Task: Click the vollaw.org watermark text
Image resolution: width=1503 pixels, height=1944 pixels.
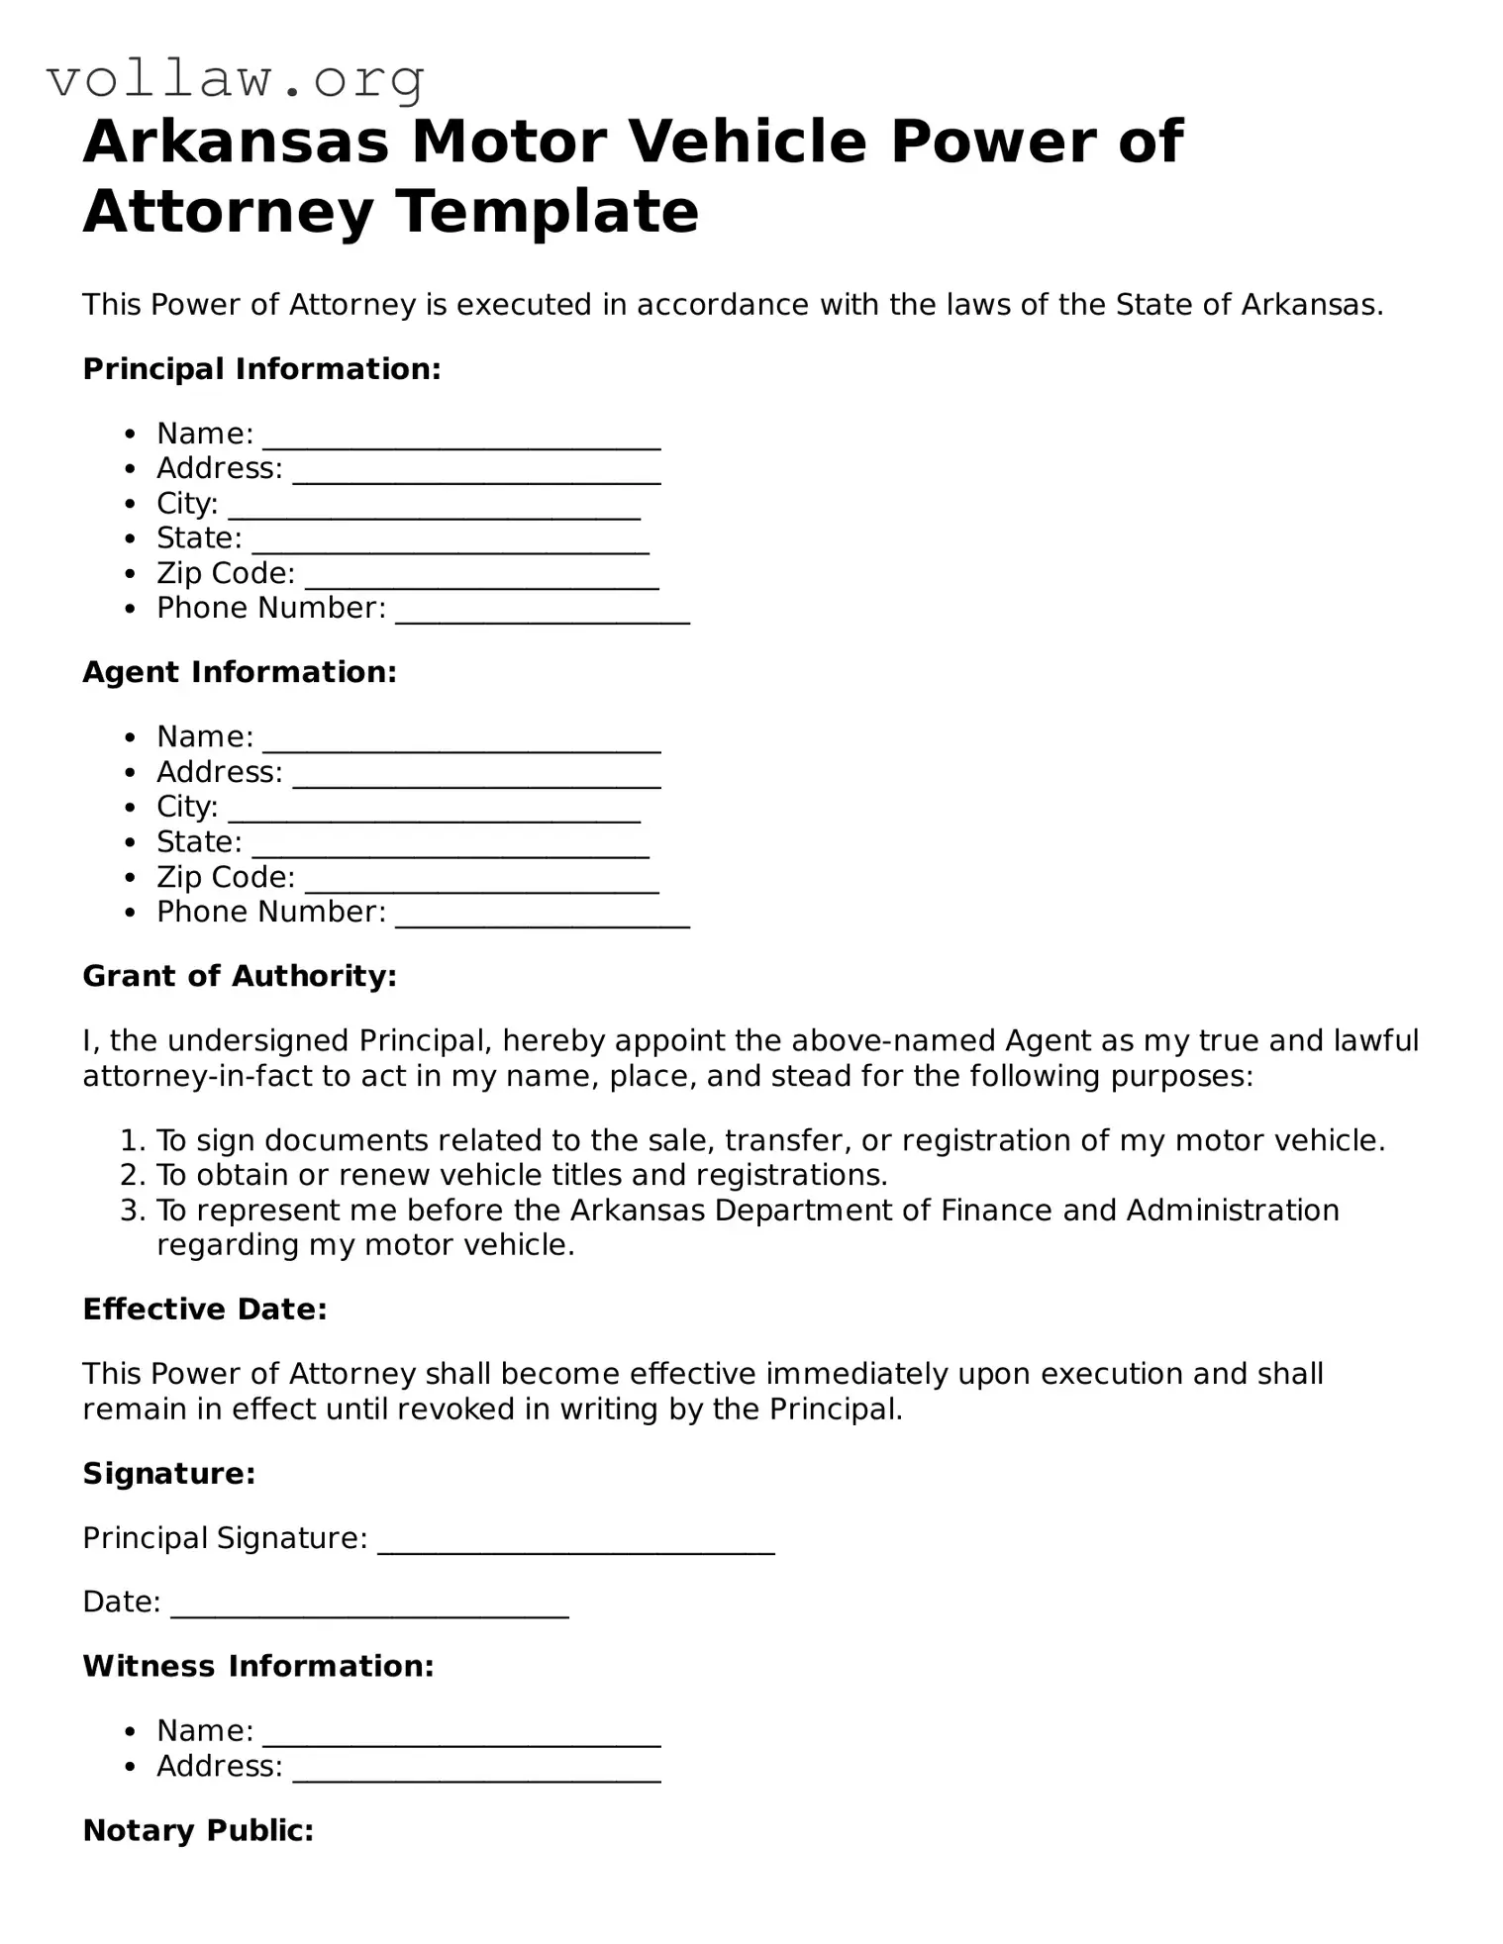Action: coord(236,79)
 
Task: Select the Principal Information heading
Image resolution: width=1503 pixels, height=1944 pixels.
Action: coord(261,369)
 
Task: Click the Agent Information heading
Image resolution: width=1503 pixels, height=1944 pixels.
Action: coord(240,672)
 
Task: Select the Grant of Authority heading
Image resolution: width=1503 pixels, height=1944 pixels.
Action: coord(240,976)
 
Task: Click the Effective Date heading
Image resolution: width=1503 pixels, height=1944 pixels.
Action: coord(205,1310)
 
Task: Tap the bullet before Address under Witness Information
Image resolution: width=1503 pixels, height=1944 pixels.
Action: coord(130,1767)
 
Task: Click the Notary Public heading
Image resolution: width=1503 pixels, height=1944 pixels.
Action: coord(198,1831)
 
